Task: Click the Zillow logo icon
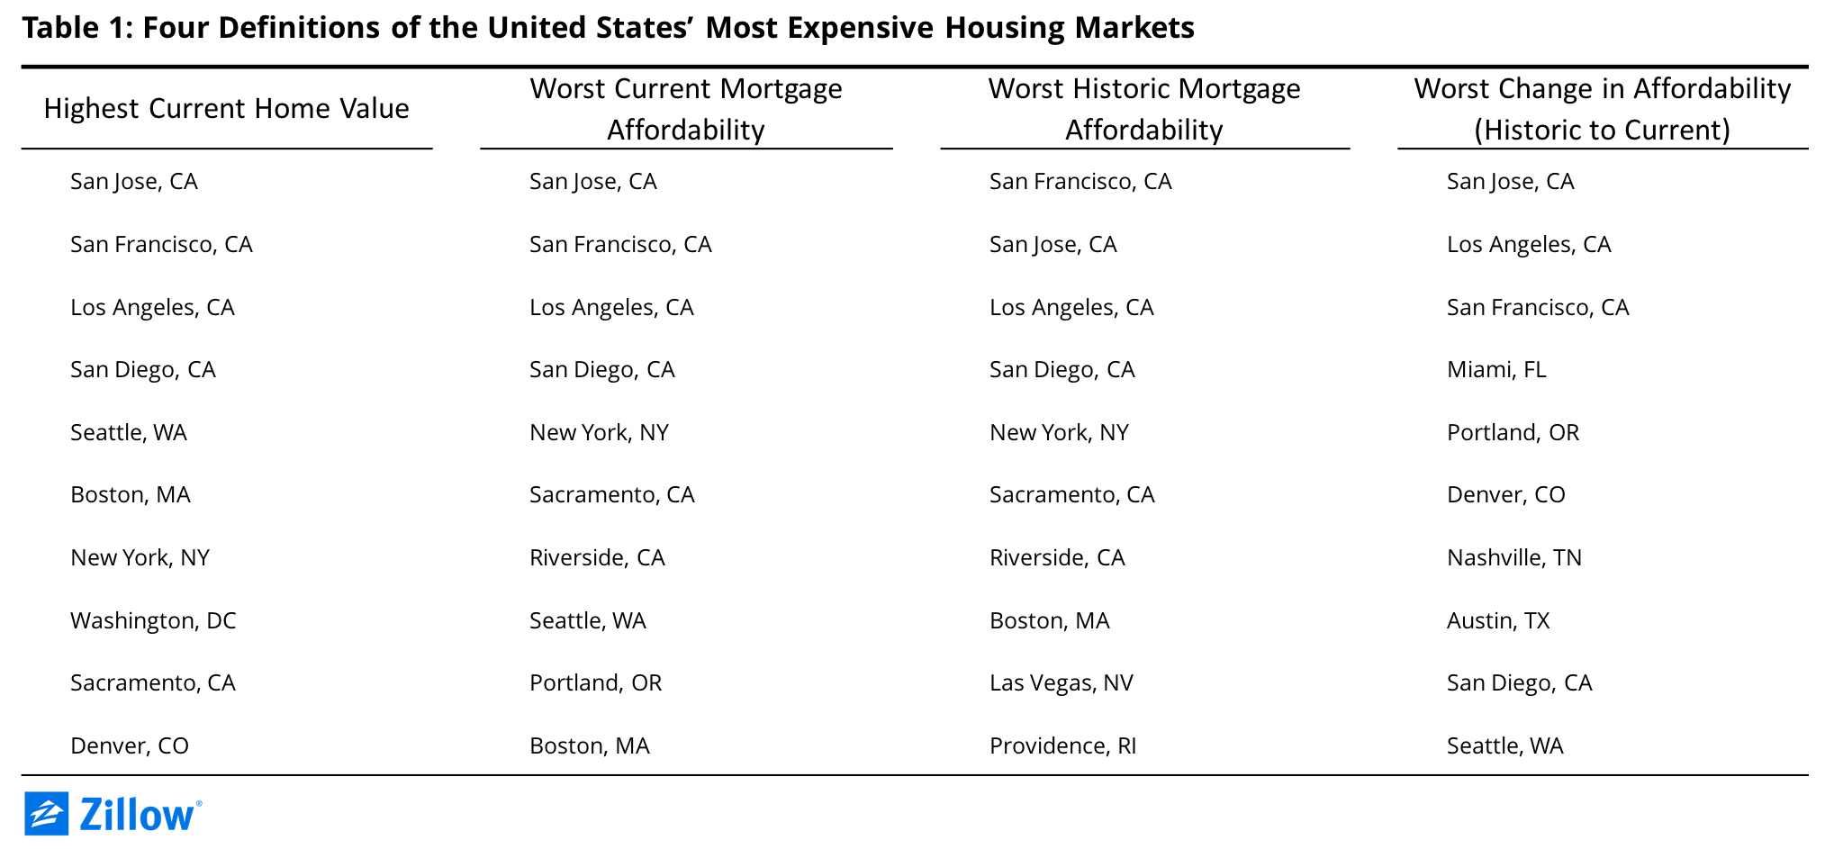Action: tap(46, 814)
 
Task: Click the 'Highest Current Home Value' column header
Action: tap(226, 109)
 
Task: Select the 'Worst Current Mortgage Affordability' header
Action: tap(686, 109)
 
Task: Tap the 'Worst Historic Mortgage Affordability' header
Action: tap(1144, 109)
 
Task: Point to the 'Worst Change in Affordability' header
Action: tap(1603, 109)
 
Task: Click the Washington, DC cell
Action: tap(153, 620)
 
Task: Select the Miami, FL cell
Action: tap(1496, 370)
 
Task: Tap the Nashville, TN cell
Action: tap(1514, 558)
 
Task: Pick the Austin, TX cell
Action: tap(1498, 620)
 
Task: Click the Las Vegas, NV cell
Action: tap(1062, 683)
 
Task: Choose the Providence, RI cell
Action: tap(1063, 746)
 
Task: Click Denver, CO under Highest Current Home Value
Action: tap(130, 746)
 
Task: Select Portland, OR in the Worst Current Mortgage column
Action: tap(596, 683)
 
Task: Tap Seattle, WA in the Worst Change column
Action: tap(1505, 746)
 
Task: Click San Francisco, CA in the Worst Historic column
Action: tap(1080, 182)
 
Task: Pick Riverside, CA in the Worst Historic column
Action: tap(1057, 558)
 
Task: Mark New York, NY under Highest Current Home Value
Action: tap(140, 558)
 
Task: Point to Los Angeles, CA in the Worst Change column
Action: tap(1529, 245)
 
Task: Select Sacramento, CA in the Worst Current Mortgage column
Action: tap(612, 495)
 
